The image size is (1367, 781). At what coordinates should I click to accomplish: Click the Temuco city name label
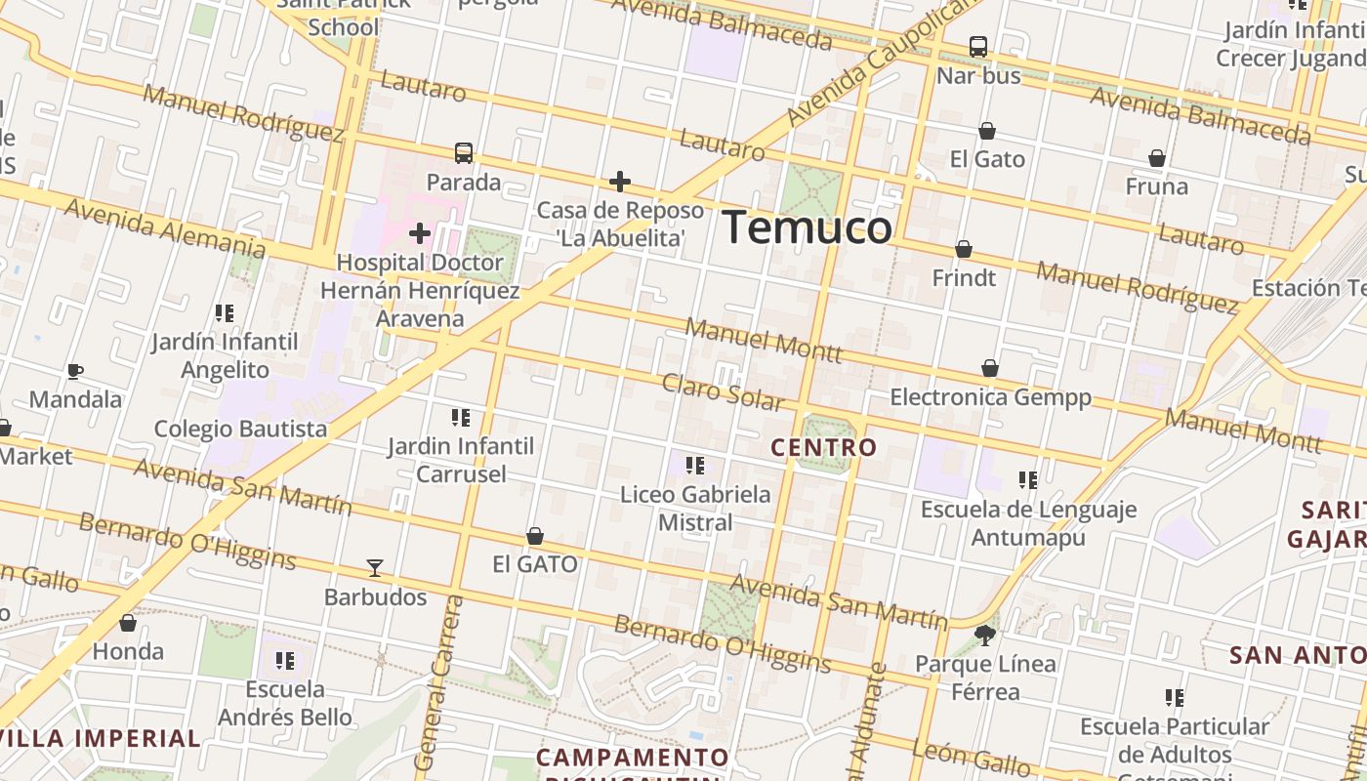[x=808, y=228]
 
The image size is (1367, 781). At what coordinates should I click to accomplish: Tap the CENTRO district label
[x=824, y=448]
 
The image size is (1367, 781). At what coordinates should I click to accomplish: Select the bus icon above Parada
[x=464, y=153]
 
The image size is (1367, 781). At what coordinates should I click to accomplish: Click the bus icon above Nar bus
[x=978, y=47]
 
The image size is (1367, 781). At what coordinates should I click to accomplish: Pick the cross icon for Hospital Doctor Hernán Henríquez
[x=420, y=233]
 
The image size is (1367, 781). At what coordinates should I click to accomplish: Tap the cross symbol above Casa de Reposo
[x=620, y=182]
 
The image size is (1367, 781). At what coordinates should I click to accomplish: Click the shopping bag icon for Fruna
[x=1157, y=158]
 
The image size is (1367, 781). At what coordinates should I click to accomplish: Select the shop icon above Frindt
[x=964, y=250]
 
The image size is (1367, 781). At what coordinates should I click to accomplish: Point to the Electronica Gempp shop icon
[x=990, y=368]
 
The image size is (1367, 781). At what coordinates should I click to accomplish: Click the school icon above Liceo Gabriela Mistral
[x=695, y=466]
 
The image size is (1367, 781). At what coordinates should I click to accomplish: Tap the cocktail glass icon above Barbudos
[x=375, y=568]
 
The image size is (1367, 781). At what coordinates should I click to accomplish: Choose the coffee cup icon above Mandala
[x=75, y=371]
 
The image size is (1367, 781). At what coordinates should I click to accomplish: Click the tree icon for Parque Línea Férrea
[x=986, y=636]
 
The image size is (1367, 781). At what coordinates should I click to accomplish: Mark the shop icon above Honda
[x=128, y=623]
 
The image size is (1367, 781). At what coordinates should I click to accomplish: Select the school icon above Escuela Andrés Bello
[x=285, y=661]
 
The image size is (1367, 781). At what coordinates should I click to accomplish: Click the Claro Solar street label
[x=723, y=390]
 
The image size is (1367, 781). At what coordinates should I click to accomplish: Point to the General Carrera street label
[x=439, y=683]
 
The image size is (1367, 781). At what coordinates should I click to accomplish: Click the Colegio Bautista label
[x=241, y=429]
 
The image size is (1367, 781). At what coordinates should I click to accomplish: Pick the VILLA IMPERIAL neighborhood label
[x=101, y=738]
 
